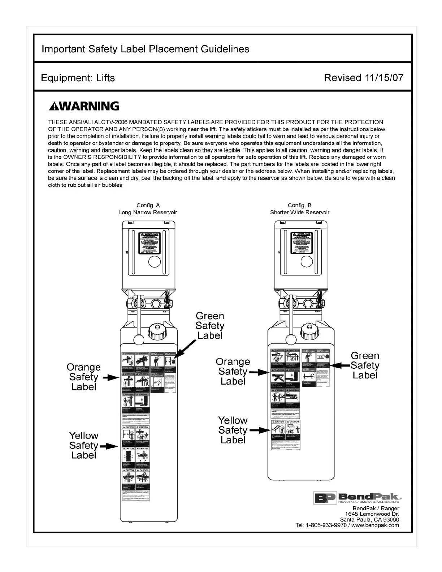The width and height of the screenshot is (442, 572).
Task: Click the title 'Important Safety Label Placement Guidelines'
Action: point(145,49)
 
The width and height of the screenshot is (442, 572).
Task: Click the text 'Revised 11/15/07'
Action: point(363,78)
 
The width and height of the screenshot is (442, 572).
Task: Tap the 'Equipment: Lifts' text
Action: point(78,78)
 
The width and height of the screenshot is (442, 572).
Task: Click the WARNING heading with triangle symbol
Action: point(84,106)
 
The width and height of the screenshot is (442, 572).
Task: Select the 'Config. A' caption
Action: point(148,205)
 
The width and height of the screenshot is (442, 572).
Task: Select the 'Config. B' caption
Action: point(300,205)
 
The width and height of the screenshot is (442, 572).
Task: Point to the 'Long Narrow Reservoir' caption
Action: point(148,212)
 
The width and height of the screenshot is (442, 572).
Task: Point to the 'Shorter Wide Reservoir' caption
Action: point(300,212)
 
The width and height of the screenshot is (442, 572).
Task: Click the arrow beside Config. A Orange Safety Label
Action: point(110,378)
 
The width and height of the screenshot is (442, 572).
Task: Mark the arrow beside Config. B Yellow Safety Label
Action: point(260,430)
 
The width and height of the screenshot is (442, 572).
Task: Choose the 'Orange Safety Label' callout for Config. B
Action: point(233,372)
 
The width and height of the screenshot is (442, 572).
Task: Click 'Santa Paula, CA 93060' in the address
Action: point(370,520)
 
